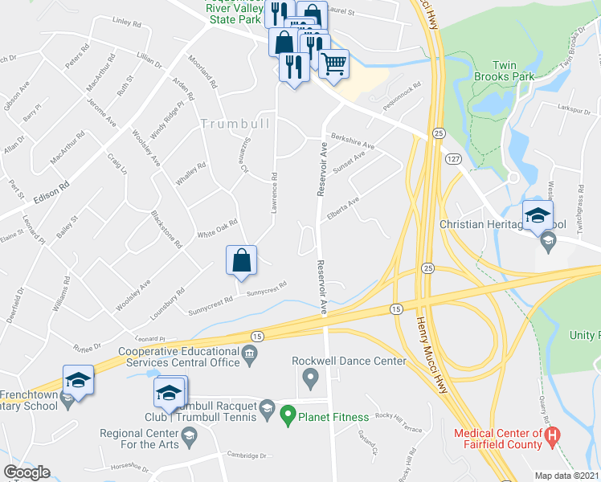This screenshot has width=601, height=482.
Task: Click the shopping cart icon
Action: click(333, 62)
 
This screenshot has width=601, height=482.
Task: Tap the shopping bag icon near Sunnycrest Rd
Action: click(241, 260)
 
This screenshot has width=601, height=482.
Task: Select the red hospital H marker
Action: click(551, 438)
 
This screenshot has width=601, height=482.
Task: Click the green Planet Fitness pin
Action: click(287, 416)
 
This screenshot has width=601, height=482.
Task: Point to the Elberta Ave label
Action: click(342, 205)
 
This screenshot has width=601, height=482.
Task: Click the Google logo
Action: click(26, 472)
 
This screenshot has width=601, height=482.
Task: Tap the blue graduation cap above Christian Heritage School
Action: click(538, 214)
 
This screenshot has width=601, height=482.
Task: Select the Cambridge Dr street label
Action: click(245, 455)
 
